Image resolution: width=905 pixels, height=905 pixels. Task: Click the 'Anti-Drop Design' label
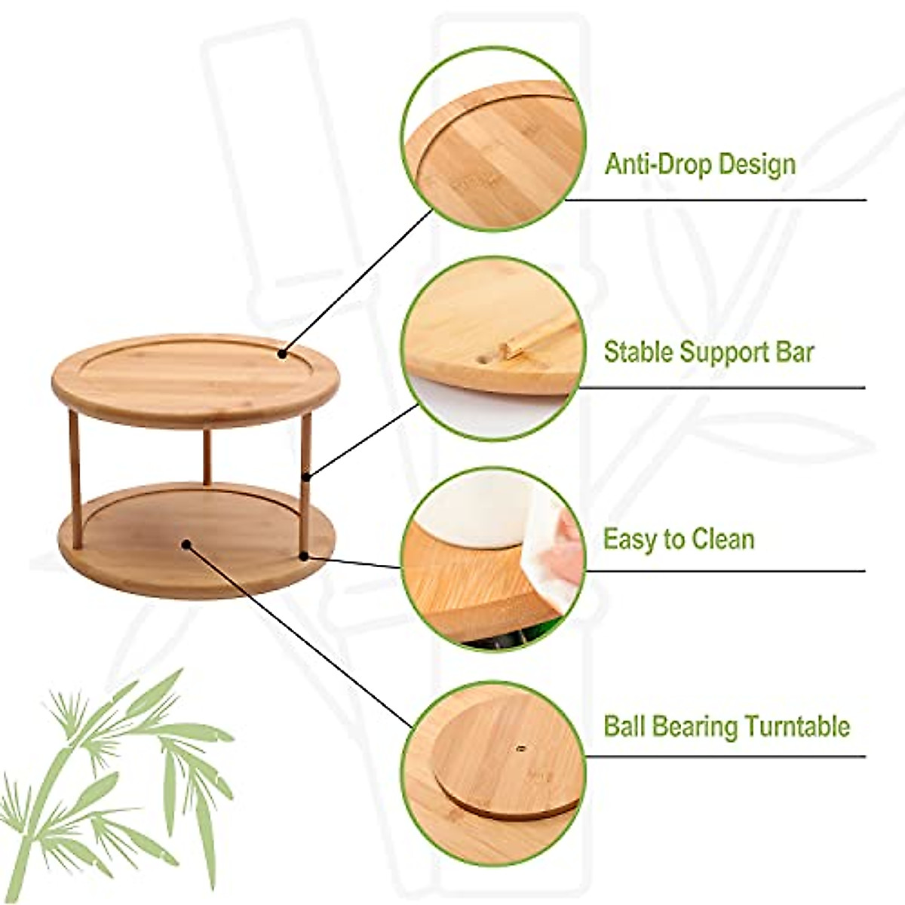(x=699, y=164)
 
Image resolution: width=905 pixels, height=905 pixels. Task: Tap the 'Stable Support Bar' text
(x=708, y=351)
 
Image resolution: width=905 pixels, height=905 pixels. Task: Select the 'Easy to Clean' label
(x=678, y=539)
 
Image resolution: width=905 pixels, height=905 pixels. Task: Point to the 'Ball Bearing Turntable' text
(x=726, y=726)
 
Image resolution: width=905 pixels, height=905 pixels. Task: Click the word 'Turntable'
(x=797, y=726)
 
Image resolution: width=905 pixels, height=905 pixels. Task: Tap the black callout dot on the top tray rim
(x=282, y=353)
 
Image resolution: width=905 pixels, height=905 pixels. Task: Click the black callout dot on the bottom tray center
(x=186, y=543)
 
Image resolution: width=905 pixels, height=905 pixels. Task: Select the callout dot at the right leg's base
(x=304, y=557)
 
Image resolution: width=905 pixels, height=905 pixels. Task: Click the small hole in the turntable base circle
(x=520, y=748)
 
